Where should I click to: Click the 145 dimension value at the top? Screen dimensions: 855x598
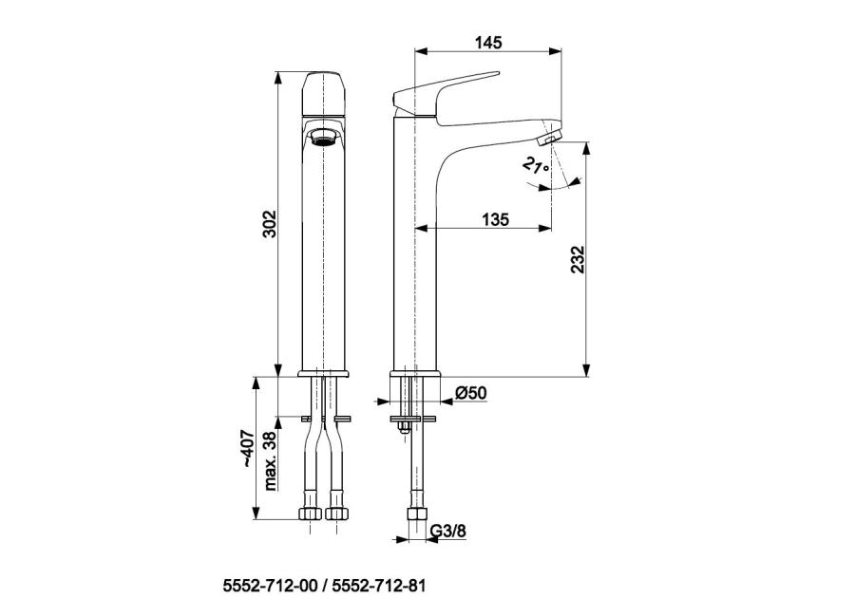pyautogui.click(x=488, y=42)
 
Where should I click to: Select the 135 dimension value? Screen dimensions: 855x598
pyautogui.click(x=495, y=219)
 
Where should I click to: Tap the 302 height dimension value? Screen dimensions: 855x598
pyautogui.click(x=270, y=224)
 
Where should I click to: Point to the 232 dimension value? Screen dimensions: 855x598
pyautogui.click(x=578, y=260)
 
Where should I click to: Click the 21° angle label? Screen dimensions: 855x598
pyautogui.click(x=536, y=165)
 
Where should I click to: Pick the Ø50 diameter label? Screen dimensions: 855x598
pyautogui.click(x=470, y=393)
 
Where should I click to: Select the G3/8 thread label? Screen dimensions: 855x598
pyautogui.click(x=448, y=531)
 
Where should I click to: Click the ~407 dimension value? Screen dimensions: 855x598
pyautogui.click(x=248, y=448)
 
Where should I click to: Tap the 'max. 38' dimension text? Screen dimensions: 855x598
pyautogui.click(x=270, y=461)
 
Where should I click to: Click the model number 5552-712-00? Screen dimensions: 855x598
pyautogui.click(x=270, y=586)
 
